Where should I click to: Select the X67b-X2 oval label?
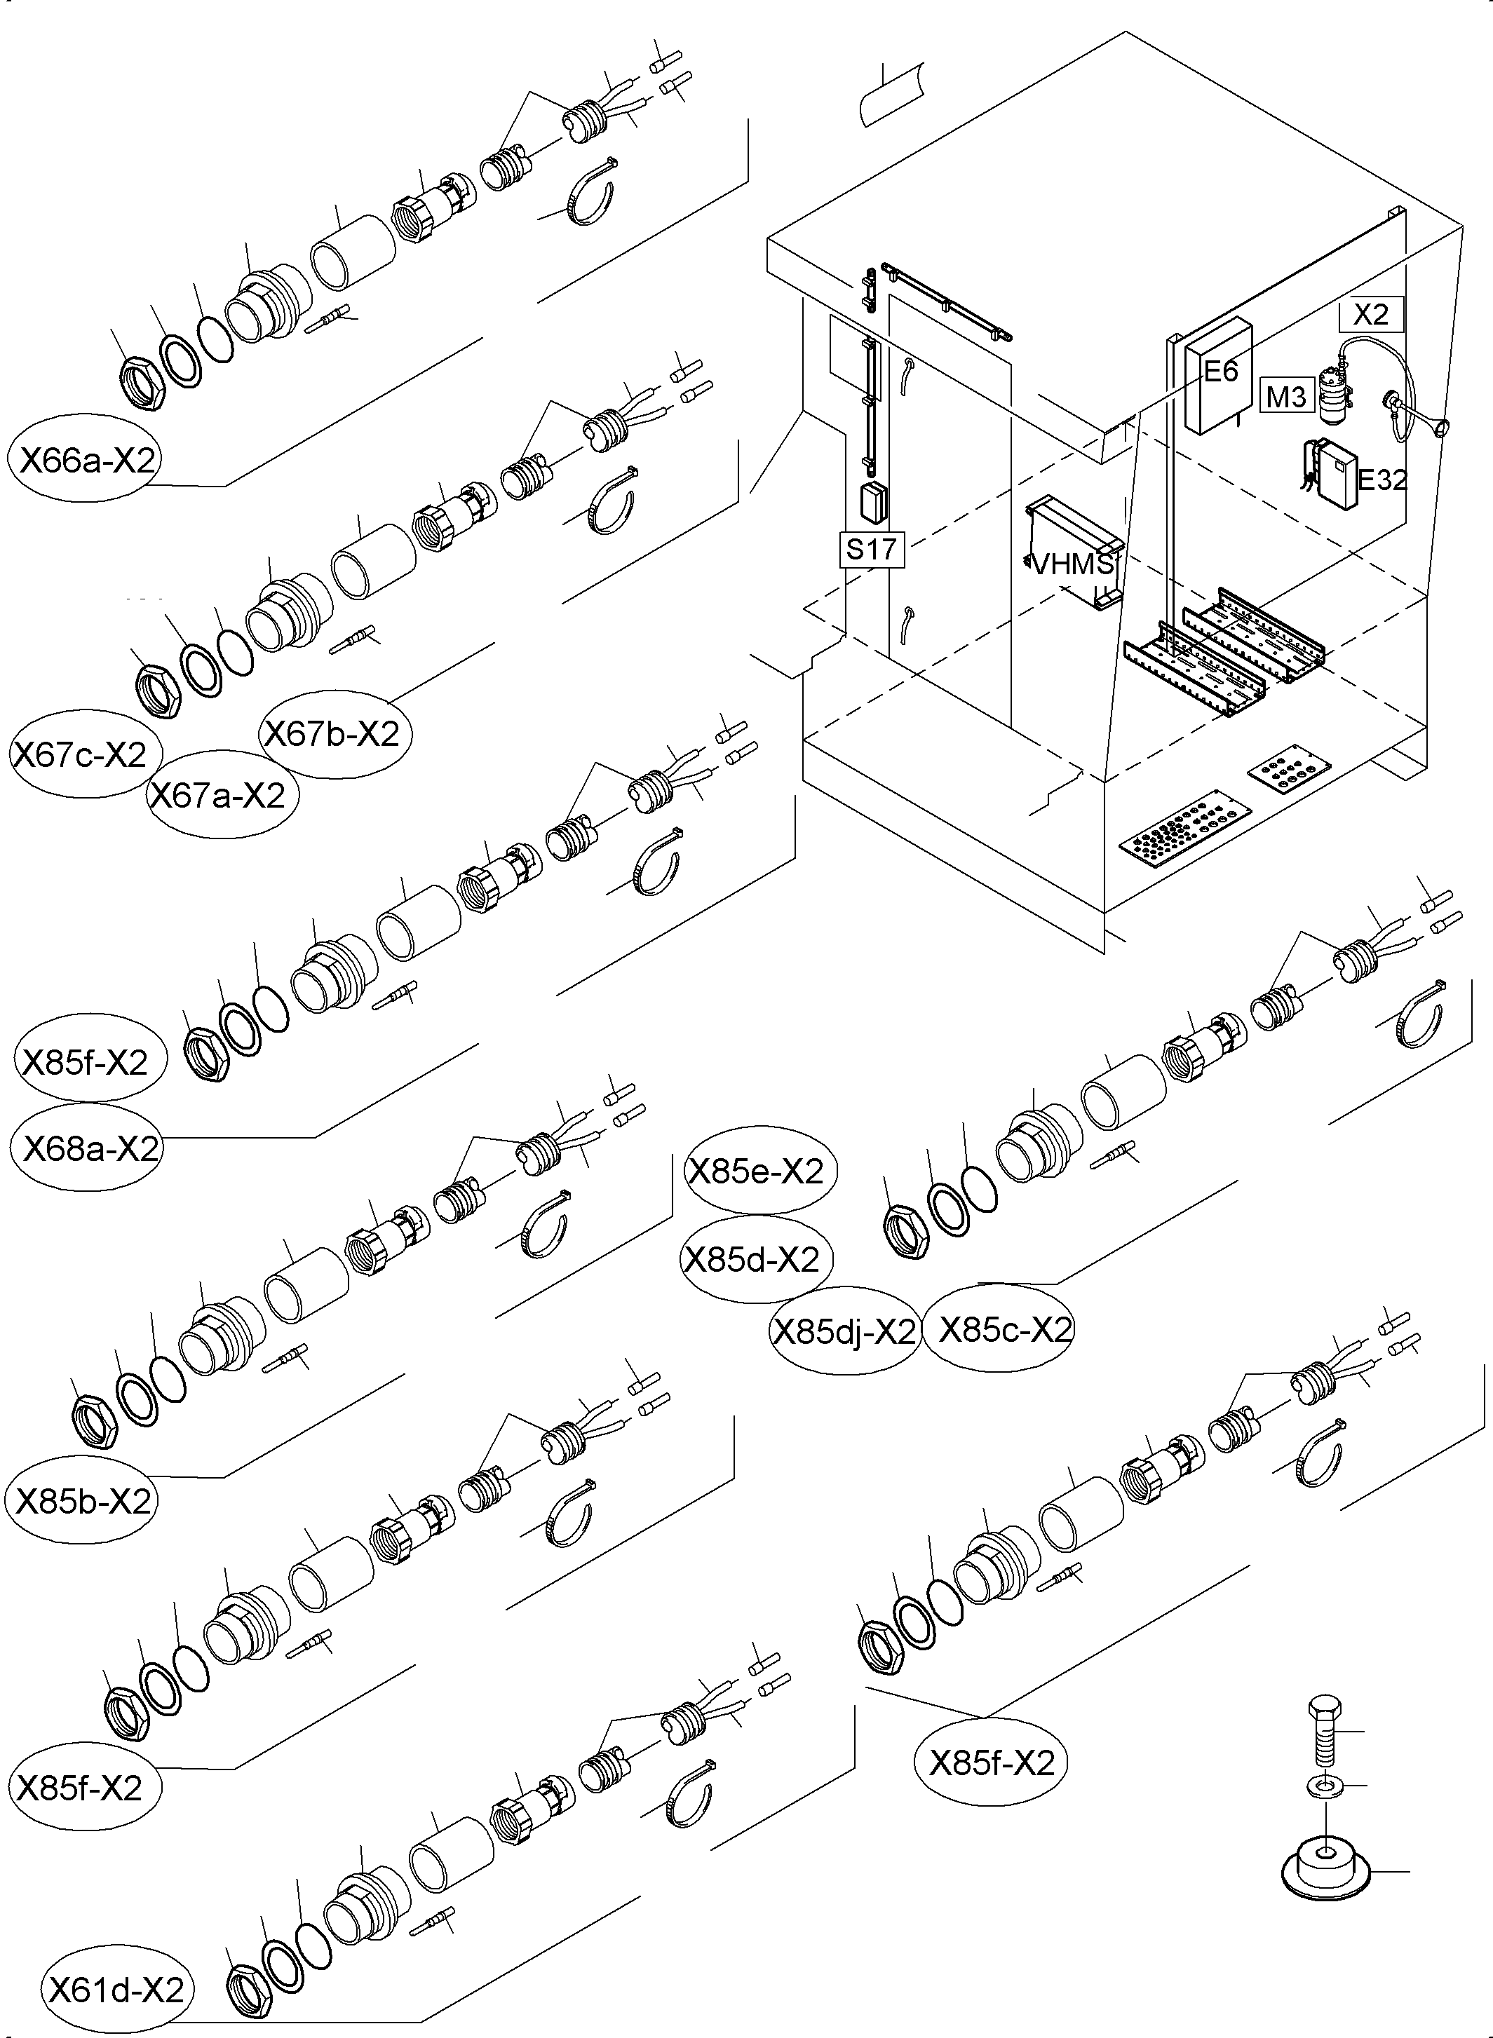pos(332,733)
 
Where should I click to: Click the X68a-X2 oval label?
pos(88,1148)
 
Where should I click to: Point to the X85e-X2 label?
pos(757,1171)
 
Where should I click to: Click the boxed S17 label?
pos(871,548)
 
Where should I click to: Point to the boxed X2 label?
pos(1371,313)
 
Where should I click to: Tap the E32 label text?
pos(1381,480)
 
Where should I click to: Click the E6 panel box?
pos(1217,378)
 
